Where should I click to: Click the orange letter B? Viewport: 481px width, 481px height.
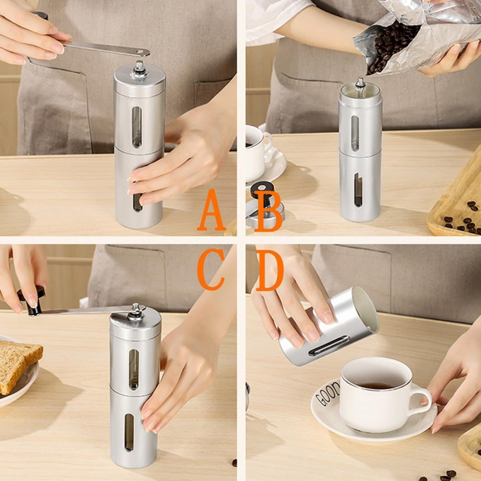click(x=269, y=211)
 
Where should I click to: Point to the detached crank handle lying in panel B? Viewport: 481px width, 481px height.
click(x=265, y=208)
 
